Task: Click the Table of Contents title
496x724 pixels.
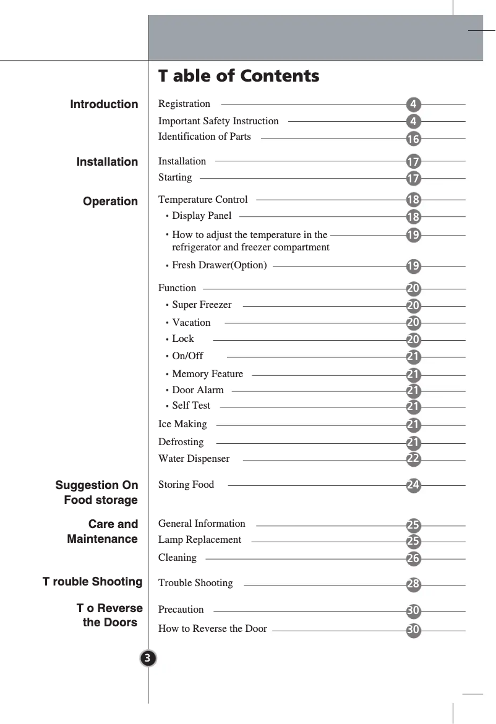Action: coord(239,76)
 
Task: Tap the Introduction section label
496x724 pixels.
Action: coord(104,104)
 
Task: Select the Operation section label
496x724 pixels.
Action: coord(111,202)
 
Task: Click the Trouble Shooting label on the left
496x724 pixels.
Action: coord(92,582)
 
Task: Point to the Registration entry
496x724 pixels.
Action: coord(184,104)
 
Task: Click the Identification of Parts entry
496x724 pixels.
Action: coord(205,136)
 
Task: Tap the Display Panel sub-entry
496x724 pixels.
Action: coord(202,216)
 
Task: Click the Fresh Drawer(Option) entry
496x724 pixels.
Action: coord(219,265)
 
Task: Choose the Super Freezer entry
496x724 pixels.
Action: coord(202,305)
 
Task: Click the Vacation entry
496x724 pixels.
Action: coord(191,323)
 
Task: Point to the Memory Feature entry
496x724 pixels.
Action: coord(207,374)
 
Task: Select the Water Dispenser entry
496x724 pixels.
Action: coord(194,459)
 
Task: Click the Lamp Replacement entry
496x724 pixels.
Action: coord(200,540)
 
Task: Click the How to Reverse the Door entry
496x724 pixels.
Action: coord(213,629)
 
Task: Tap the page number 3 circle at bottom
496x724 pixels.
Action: coord(148,657)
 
